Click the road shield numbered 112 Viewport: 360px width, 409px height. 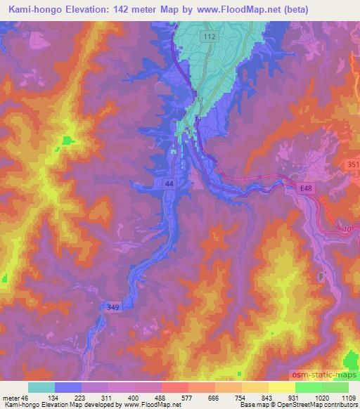(208, 37)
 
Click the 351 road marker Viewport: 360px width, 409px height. (352, 164)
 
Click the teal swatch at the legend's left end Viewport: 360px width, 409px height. (41, 387)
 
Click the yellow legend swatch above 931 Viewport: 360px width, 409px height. (281, 387)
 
